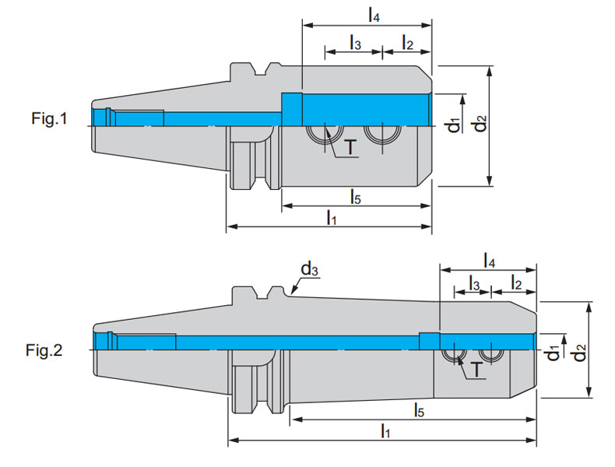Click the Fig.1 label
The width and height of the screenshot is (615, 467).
50,119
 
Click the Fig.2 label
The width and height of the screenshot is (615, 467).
50,349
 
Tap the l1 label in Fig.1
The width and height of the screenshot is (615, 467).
331,217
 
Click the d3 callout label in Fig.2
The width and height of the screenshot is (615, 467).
309,269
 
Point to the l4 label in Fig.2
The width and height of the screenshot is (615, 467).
490,259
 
